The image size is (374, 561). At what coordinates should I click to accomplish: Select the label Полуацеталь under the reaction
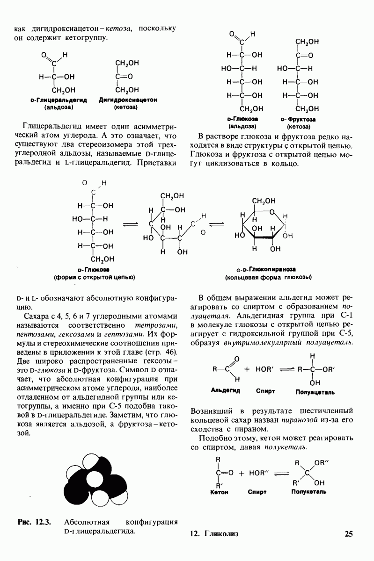(312, 391)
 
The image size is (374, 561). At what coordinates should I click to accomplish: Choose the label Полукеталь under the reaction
(308, 492)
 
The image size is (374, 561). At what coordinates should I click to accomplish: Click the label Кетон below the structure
(220, 492)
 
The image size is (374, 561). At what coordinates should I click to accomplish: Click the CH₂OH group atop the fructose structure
(307, 42)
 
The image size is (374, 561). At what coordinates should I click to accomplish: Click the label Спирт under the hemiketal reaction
(257, 492)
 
